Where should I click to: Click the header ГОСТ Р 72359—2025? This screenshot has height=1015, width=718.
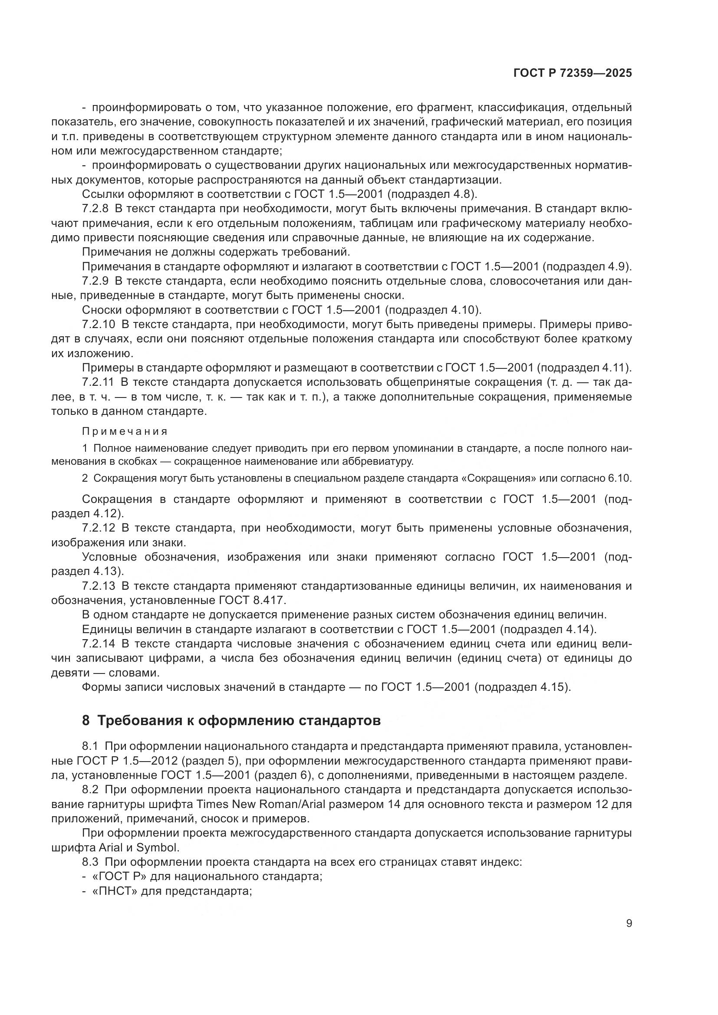point(573,73)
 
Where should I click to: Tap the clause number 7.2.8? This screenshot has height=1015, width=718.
point(95,209)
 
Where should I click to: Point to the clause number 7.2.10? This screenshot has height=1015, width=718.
point(98,325)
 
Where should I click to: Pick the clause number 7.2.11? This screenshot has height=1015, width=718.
point(98,382)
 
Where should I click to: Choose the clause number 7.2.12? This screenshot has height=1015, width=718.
point(98,528)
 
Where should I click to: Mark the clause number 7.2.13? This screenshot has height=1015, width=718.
point(98,586)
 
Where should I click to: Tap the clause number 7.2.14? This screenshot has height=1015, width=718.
point(98,644)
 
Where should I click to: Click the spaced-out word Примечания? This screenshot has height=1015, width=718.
point(125,431)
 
